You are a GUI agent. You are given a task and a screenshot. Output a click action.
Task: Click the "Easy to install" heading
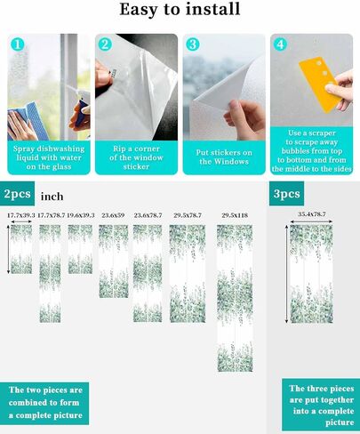[x=180, y=10]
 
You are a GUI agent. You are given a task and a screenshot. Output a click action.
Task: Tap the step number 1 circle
[x=18, y=44]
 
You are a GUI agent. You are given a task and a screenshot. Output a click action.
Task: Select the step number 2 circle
[x=105, y=44]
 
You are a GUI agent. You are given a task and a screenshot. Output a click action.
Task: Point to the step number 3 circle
[x=193, y=44]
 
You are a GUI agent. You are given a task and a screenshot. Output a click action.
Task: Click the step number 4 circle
[x=281, y=44]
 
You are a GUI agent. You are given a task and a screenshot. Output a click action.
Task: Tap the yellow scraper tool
[x=319, y=84]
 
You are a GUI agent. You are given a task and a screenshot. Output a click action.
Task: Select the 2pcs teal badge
[x=17, y=194]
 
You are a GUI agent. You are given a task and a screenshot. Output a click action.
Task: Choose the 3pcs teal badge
[x=286, y=194]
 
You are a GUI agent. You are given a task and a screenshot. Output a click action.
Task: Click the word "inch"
[x=52, y=197]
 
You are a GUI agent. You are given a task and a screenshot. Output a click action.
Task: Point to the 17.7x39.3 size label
[x=21, y=215]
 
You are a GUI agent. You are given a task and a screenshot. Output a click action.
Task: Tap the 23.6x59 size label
[x=113, y=215]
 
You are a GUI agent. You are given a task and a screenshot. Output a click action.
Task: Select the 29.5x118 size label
[x=235, y=215]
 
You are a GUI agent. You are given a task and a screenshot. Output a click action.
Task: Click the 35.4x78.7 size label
[x=312, y=214]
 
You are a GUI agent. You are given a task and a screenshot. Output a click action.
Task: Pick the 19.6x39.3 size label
[x=81, y=215]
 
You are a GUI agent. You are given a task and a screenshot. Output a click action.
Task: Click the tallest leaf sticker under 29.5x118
[x=235, y=298]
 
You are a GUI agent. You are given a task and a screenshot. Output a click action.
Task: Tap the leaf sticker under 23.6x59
[x=114, y=261]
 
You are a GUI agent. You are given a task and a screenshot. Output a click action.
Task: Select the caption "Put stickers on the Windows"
[x=224, y=157]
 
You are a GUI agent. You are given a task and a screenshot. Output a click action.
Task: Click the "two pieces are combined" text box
[x=44, y=403]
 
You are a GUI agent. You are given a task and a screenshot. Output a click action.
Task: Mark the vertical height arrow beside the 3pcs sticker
[x=286, y=274]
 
